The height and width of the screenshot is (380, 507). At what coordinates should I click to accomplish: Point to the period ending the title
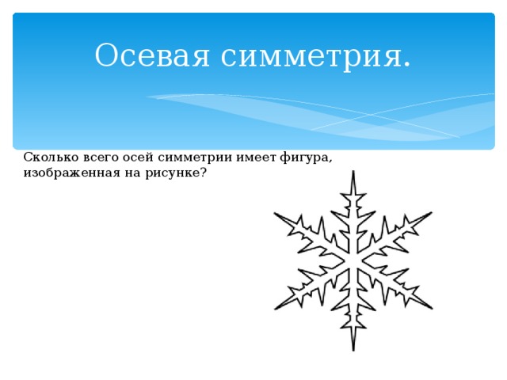(x=407, y=64)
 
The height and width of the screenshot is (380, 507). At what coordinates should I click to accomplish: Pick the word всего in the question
(x=98, y=157)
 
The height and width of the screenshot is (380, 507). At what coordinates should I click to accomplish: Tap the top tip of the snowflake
(x=353, y=172)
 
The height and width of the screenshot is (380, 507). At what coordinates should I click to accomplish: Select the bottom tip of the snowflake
(x=353, y=349)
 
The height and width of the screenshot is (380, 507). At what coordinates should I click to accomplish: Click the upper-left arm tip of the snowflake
(x=275, y=214)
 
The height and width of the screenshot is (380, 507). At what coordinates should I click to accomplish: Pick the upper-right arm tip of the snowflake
(x=432, y=213)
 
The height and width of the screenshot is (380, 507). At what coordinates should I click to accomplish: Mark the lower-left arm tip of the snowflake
(x=276, y=308)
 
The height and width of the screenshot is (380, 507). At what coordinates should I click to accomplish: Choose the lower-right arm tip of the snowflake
(x=432, y=308)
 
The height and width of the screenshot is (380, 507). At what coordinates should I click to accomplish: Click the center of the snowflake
(x=353, y=260)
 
